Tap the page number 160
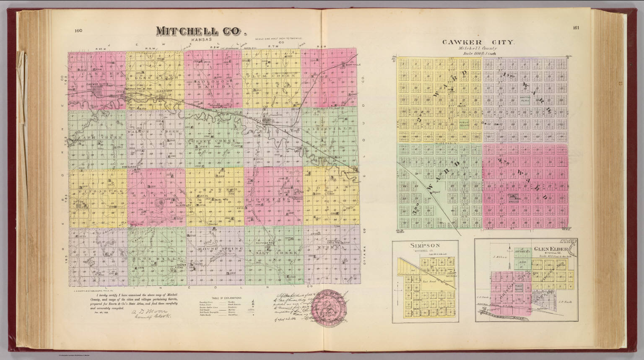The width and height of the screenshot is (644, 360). [78, 30]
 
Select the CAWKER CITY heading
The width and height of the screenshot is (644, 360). [480, 43]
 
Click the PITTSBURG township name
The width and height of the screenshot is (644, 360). [98, 190]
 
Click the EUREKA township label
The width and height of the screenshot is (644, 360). [332, 248]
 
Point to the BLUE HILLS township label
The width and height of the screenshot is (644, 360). [155, 259]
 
